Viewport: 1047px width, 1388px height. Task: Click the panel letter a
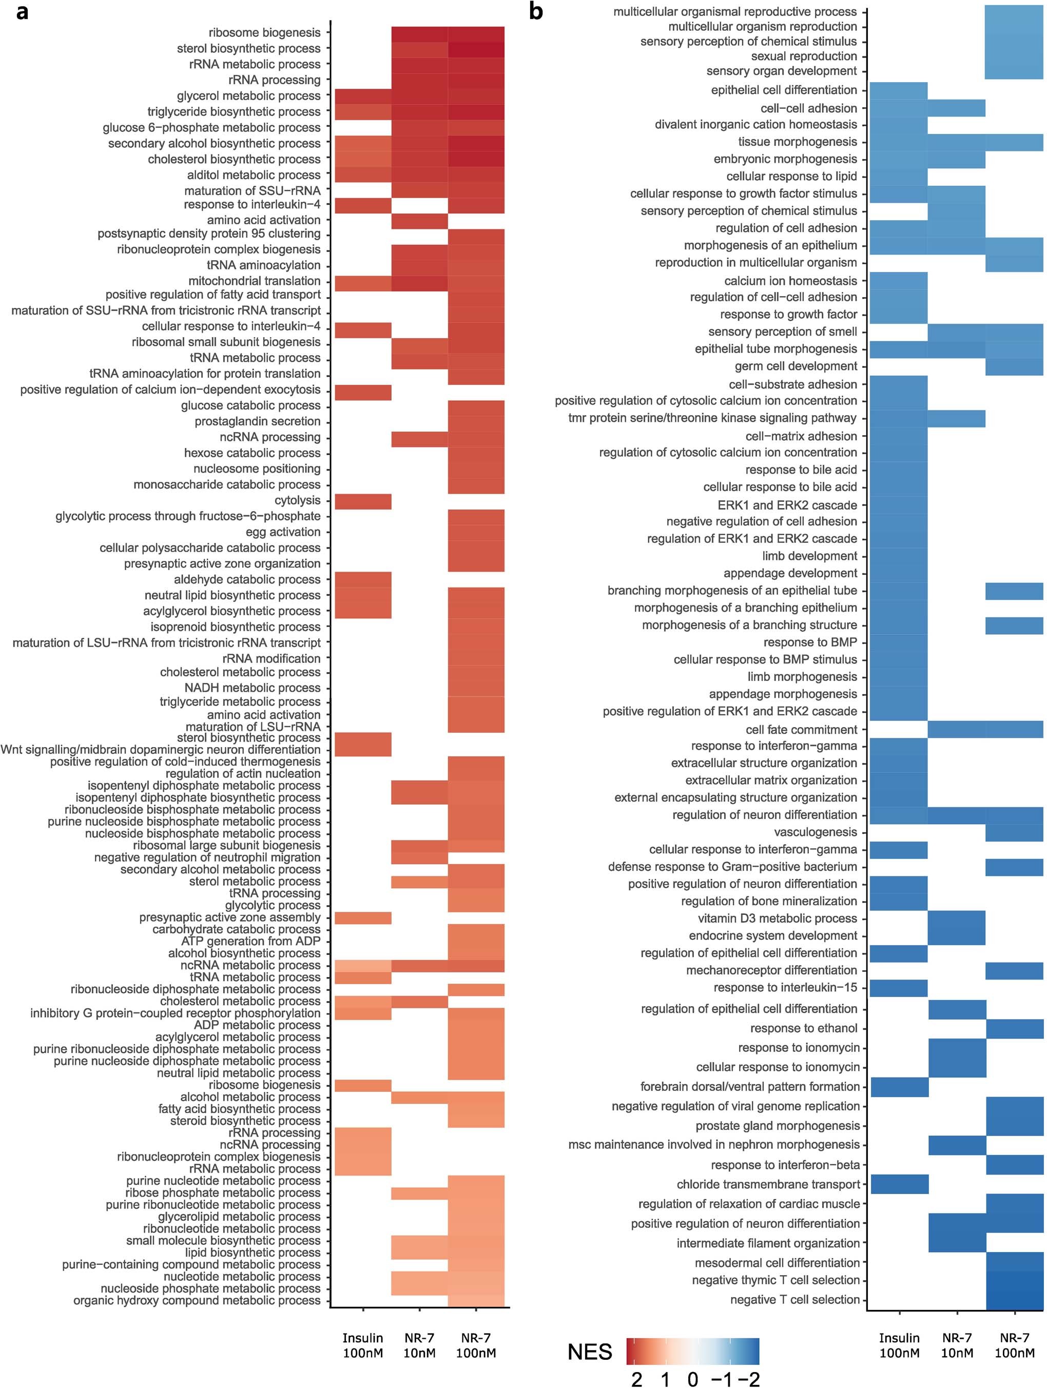click(23, 12)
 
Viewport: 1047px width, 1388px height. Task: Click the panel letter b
click(535, 12)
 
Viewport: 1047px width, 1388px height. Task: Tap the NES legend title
click(589, 1352)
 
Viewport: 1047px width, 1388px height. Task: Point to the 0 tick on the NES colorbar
click(692, 1379)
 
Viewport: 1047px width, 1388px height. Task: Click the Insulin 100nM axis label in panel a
click(363, 1345)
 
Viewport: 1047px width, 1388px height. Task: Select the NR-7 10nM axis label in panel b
click(957, 1345)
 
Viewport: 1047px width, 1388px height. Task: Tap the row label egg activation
click(283, 532)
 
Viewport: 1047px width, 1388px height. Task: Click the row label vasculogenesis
click(816, 832)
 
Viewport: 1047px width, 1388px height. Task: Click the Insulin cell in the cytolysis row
click(363, 501)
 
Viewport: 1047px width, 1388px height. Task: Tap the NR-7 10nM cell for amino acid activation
click(419, 221)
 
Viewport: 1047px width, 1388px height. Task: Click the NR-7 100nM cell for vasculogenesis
click(1014, 833)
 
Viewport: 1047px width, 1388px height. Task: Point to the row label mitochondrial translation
click(254, 281)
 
